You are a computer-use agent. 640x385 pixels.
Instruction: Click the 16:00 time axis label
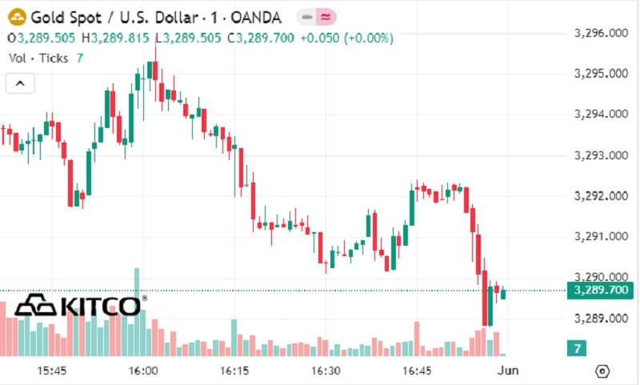(x=142, y=371)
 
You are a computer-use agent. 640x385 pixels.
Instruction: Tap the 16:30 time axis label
(x=326, y=371)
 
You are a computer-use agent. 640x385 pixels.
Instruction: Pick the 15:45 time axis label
(x=51, y=371)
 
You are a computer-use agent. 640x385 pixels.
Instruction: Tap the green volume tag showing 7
(x=576, y=348)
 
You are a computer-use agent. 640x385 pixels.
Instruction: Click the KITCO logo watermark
(x=80, y=304)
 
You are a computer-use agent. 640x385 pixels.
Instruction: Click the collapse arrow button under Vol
(x=21, y=82)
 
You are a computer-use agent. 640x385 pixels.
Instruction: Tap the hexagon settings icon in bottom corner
(x=603, y=371)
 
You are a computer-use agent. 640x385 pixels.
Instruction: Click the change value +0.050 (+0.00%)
(x=346, y=38)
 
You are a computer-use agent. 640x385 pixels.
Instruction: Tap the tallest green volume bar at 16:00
(x=137, y=312)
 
